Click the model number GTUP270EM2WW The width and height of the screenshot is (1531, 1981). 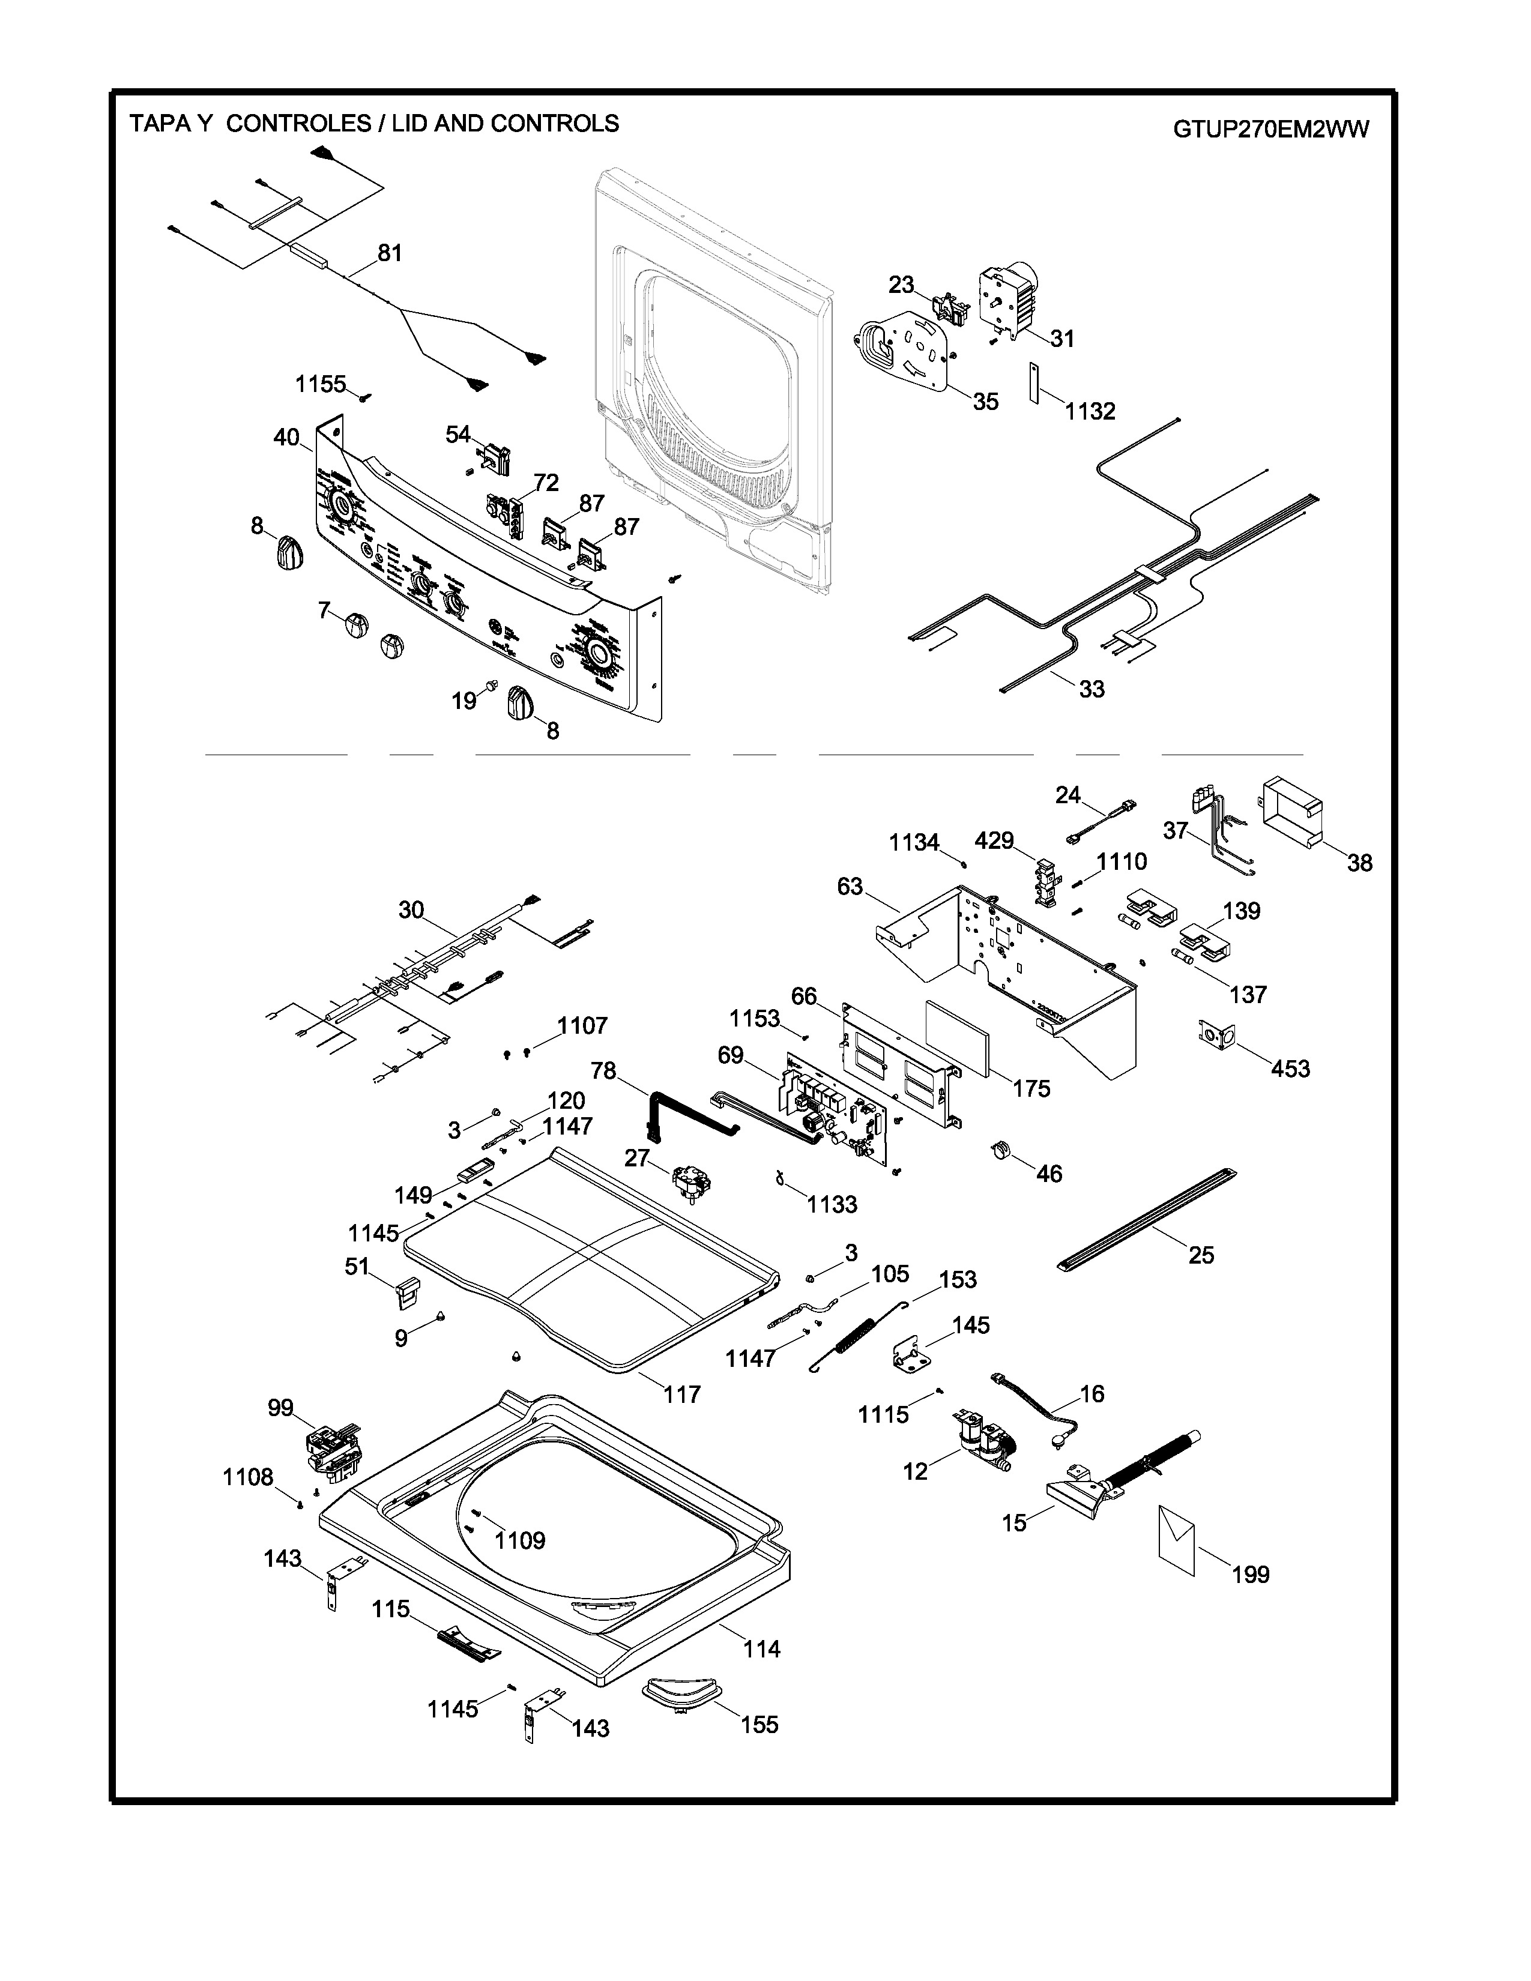(1270, 129)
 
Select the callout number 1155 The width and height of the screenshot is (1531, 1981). (320, 385)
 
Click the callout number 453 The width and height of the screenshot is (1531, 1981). (1290, 1069)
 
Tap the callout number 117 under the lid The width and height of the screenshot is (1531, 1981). (681, 1394)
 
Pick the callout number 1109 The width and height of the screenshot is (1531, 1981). (520, 1540)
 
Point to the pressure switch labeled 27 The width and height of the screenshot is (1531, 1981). (691, 1183)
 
